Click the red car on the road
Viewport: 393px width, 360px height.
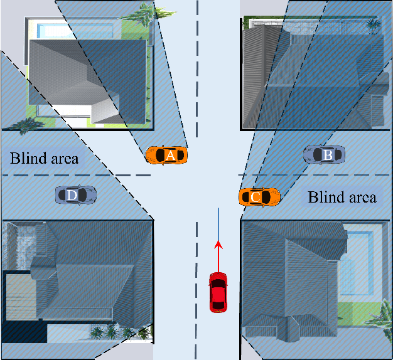tap(218, 292)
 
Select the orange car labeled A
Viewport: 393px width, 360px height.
tap(166, 154)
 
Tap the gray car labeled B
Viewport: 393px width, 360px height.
tap(324, 154)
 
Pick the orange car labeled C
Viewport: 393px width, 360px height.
tap(259, 197)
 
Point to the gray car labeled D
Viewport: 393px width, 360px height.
tap(75, 195)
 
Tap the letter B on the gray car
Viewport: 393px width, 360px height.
tap(326, 154)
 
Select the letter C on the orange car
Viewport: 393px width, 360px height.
tap(255, 197)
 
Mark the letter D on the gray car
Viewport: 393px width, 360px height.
tap(72, 196)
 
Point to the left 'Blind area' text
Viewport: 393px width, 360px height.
tap(45, 157)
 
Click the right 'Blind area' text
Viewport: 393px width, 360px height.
tap(342, 198)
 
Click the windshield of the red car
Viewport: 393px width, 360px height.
tap(218, 282)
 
